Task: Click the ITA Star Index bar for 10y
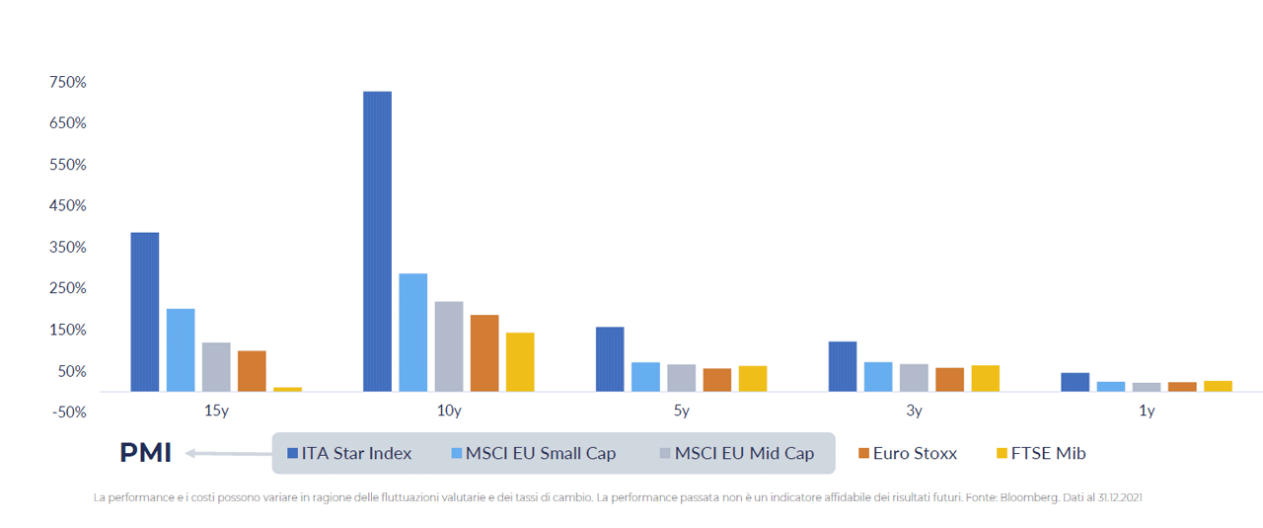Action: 377,242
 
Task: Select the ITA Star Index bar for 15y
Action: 145,312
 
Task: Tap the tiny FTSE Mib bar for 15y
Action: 287,389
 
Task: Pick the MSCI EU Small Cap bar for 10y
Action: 413,333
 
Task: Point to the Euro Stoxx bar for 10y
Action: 484,353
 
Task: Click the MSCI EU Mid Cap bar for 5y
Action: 681,378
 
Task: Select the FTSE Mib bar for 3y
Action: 986,379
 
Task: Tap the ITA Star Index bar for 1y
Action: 1076,382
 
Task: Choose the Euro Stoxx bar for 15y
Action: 252,371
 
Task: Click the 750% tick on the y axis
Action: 68,82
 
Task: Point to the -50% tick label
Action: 69,413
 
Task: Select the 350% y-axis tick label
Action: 68,247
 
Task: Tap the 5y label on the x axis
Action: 681,411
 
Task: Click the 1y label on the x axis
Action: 1147,411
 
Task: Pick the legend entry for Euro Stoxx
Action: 908,453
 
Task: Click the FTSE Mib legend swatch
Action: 1002,453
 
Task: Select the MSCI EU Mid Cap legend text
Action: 744,453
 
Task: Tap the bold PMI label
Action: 145,452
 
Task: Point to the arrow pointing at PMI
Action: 229,453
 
